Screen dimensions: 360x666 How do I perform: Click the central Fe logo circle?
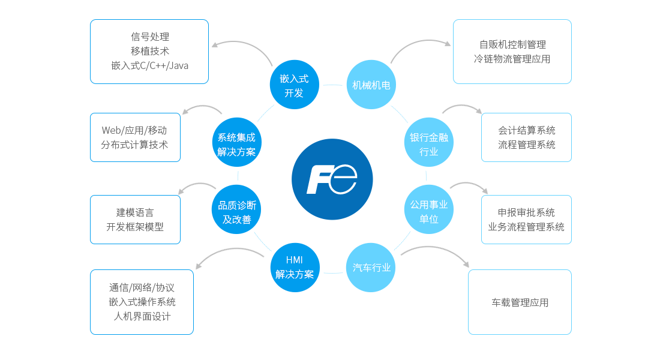tap(332, 179)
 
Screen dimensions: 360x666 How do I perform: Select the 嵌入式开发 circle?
tap(294, 85)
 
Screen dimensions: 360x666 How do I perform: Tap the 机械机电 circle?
tap(371, 85)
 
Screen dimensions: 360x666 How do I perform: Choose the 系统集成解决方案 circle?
tap(237, 144)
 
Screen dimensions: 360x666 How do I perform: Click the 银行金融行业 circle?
tap(428, 144)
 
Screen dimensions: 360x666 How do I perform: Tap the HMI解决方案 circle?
tap(294, 268)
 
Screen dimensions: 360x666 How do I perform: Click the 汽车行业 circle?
tap(371, 268)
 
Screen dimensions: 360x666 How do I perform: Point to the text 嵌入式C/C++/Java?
tap(149, 65)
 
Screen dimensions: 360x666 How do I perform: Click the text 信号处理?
tap(149, 37)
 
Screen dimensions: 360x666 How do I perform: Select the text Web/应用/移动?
tap(134, 130)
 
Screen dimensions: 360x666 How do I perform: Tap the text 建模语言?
tap(135, 212)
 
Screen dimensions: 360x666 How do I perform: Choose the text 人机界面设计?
tap(142, 316)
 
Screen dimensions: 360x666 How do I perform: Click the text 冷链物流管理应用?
tap(512, 59)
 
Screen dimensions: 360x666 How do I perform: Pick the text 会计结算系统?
tap(526, 130)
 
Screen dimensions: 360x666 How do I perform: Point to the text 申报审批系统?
tap(526, 212)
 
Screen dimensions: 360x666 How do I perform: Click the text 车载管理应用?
tap(520, 302)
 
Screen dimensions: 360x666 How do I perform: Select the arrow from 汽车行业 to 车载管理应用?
tap(436, 252)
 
